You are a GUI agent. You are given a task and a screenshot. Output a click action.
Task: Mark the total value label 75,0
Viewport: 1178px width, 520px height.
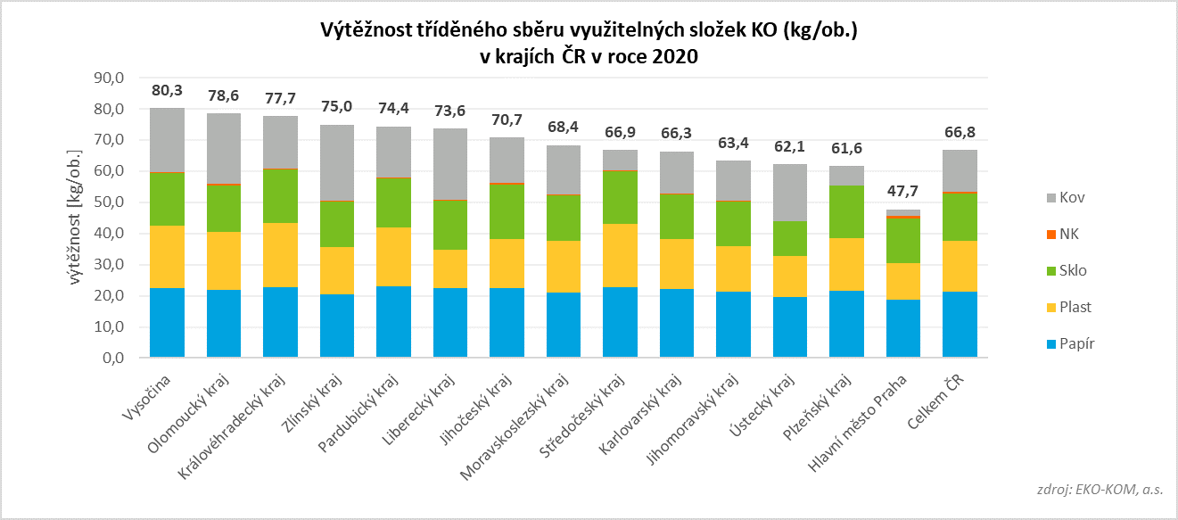[337, 106]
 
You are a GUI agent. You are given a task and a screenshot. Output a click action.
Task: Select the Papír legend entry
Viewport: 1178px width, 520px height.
[1064, 343]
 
